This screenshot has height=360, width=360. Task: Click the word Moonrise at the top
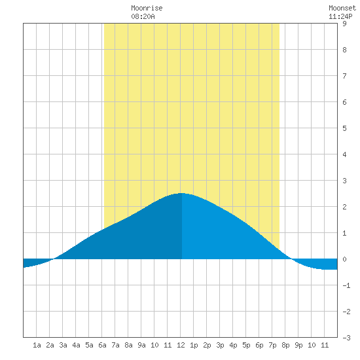147,8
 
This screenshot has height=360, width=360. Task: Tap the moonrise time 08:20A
143,16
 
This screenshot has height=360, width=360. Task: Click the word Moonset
342,8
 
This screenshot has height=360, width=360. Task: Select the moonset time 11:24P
340,16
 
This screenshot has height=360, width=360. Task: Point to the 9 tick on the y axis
344,24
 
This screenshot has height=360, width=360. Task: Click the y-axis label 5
344,128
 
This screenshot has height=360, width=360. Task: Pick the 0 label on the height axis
344,259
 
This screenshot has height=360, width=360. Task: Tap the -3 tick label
346,338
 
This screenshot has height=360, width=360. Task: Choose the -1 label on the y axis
346,285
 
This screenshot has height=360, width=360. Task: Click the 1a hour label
37,345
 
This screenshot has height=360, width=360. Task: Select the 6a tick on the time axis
102,345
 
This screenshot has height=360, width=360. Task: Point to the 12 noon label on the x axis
181,345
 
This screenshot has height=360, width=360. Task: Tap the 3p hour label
220,345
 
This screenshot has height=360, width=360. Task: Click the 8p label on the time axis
285,345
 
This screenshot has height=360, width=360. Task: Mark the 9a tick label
141,345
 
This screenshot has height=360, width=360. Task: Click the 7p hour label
272,345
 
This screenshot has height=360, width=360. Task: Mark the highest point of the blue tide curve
181,193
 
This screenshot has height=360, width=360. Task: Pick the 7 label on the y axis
344,76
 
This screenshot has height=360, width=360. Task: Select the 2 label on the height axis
344,207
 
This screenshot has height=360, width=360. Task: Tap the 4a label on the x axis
76,345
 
